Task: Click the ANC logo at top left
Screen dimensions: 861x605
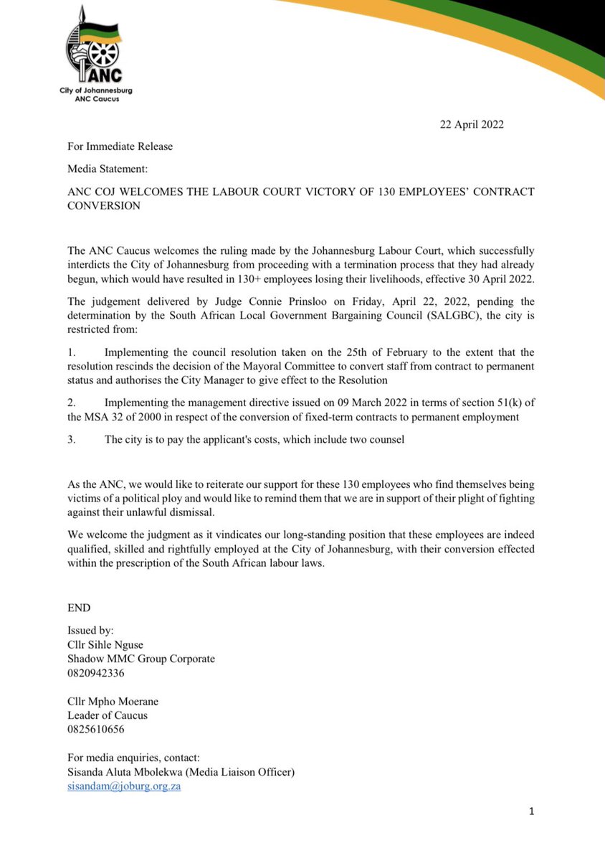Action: pyautogui.click(x=95, y=54)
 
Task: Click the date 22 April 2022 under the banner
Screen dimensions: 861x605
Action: pyautogui.click(x=472, y=124)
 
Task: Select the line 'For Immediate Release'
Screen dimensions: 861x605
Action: pyautogui.click(x=120, y=146)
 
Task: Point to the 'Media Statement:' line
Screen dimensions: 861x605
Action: pyautogui.click(x=105, y=169)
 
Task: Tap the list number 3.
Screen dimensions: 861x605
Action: pyautogui.click(x=71, y=440)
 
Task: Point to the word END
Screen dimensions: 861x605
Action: pyautogui.click(x=79, y=608)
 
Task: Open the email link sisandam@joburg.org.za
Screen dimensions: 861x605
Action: pyautogui.click(x=123, y=786)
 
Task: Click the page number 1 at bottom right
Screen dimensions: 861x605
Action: pyautogui.click(x=531, y=811)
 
